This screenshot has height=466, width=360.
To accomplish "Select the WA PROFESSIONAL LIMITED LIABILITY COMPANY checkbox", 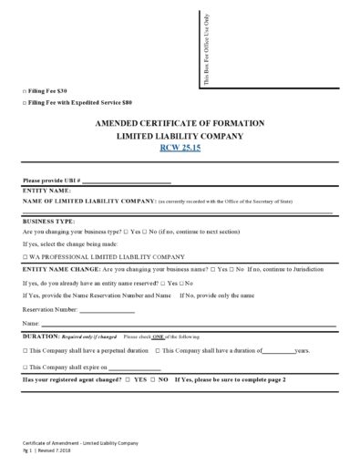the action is click(25, 258).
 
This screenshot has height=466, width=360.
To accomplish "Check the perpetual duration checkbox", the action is click(25, 350).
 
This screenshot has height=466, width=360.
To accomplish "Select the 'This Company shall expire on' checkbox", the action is click(25, 366).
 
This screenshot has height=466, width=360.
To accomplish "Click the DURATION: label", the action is click(41, 337).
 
